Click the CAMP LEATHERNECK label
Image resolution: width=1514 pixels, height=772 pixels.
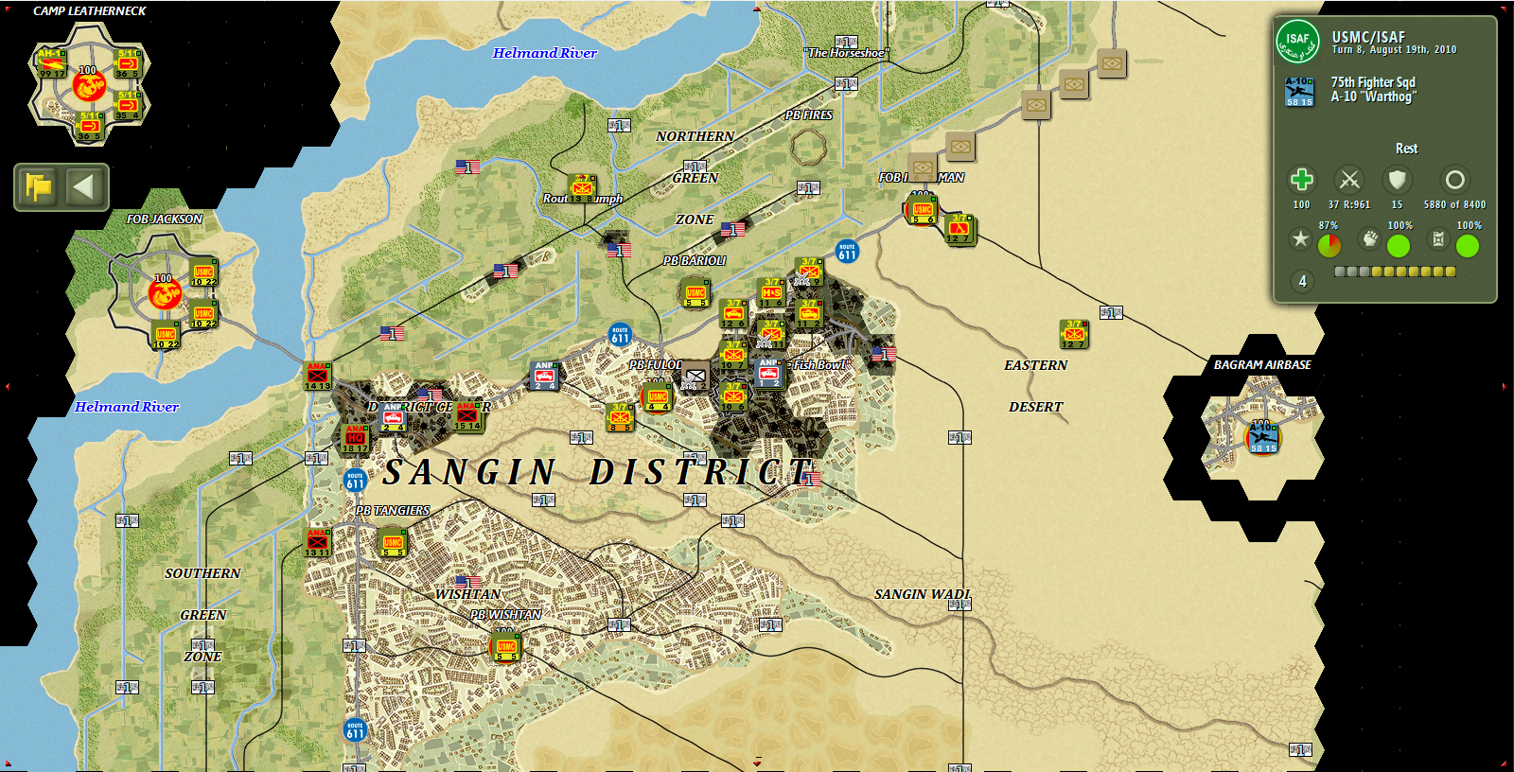(x=90, y=11)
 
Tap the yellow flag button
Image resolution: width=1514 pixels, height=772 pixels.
(x=39, y=186)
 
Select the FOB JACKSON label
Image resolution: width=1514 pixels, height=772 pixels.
(x=165, y=219)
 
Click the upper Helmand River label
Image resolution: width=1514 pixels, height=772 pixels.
(x=544, y=53)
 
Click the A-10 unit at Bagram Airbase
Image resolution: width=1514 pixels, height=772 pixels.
(x=1262, y=438)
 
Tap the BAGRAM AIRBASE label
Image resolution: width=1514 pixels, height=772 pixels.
(x=1262, y=364)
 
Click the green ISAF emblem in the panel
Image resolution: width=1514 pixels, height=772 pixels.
(x=1297, y=41)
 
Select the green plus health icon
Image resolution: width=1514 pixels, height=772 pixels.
(x=1301, y=180)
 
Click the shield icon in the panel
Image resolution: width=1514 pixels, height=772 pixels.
(x=1397, y=180)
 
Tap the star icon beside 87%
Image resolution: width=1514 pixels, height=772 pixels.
(x=1300, y=239)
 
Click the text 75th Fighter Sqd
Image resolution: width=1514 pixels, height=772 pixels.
(x=1373, y=82)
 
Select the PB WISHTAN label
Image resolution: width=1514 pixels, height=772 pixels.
(x=506, y=614)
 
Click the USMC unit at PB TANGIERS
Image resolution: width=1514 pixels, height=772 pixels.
(x=392, y=543)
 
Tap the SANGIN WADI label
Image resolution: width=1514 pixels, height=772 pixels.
(x=922, y=594)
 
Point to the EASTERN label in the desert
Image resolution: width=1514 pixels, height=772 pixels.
(x=1035, y=365)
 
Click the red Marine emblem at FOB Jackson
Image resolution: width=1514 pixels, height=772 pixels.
(x=165, y=294)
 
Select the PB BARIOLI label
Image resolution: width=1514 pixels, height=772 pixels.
(x=695, y=260)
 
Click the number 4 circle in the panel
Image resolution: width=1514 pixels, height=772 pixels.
(x=1302, y=281)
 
